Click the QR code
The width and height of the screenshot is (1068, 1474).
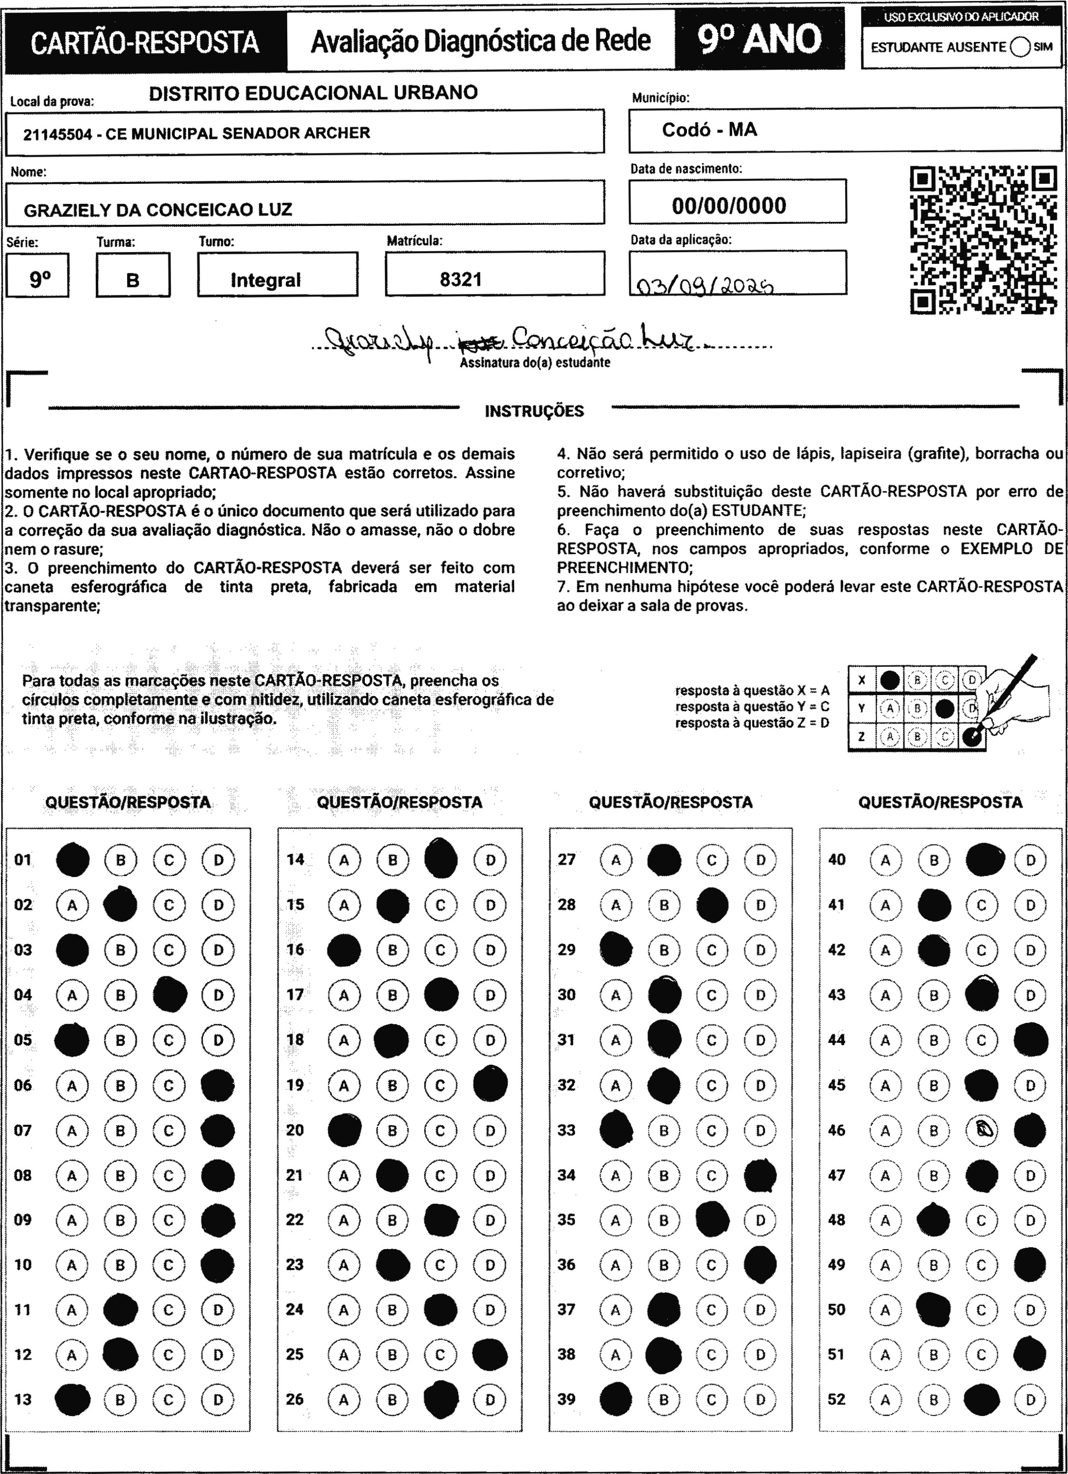(x=982, y=241)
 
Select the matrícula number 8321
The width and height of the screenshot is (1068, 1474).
(x=460, y=280)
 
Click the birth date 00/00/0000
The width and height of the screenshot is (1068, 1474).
(x=729, y=205)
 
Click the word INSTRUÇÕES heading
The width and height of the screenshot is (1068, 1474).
(x=534, y=411)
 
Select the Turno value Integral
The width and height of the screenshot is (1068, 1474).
(x=265, y=280)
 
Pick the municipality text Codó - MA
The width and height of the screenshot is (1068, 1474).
(x=709, y=130)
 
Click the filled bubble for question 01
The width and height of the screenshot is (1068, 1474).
(x=73, y=860)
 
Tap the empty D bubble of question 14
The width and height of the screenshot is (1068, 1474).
(x=490, y=860)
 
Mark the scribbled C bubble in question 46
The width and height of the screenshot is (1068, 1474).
(x=982, y=1130)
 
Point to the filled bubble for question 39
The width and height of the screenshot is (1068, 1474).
(x=615, y=1399)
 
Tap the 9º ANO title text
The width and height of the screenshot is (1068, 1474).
(x=759, y=39)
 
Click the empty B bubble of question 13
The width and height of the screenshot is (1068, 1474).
(x=120, y=1399)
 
